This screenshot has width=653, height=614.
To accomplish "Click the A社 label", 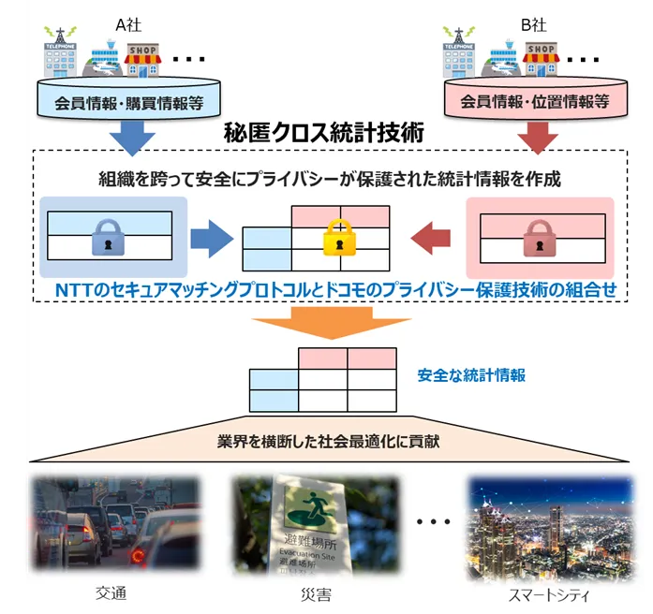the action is [128, 25].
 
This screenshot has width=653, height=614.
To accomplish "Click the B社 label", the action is [533, 25].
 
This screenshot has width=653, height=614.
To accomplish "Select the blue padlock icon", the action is [109, 237].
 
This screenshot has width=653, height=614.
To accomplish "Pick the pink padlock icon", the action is [540, 238].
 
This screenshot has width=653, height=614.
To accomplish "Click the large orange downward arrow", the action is [332, 323].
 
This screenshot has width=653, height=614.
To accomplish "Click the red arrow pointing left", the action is [431, 239].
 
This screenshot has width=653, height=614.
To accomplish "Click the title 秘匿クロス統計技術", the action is [323, 133].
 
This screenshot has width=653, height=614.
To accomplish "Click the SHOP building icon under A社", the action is [142, 60].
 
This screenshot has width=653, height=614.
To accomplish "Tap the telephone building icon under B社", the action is [458, 52].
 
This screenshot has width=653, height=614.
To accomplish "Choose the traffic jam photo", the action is [116, 524].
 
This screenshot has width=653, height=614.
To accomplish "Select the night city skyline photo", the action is [552, 526].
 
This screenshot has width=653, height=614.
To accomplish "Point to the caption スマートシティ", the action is [549, 595].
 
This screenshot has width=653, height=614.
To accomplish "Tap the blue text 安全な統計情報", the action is [471, 375].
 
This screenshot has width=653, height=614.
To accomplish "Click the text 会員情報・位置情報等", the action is [535, 101].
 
